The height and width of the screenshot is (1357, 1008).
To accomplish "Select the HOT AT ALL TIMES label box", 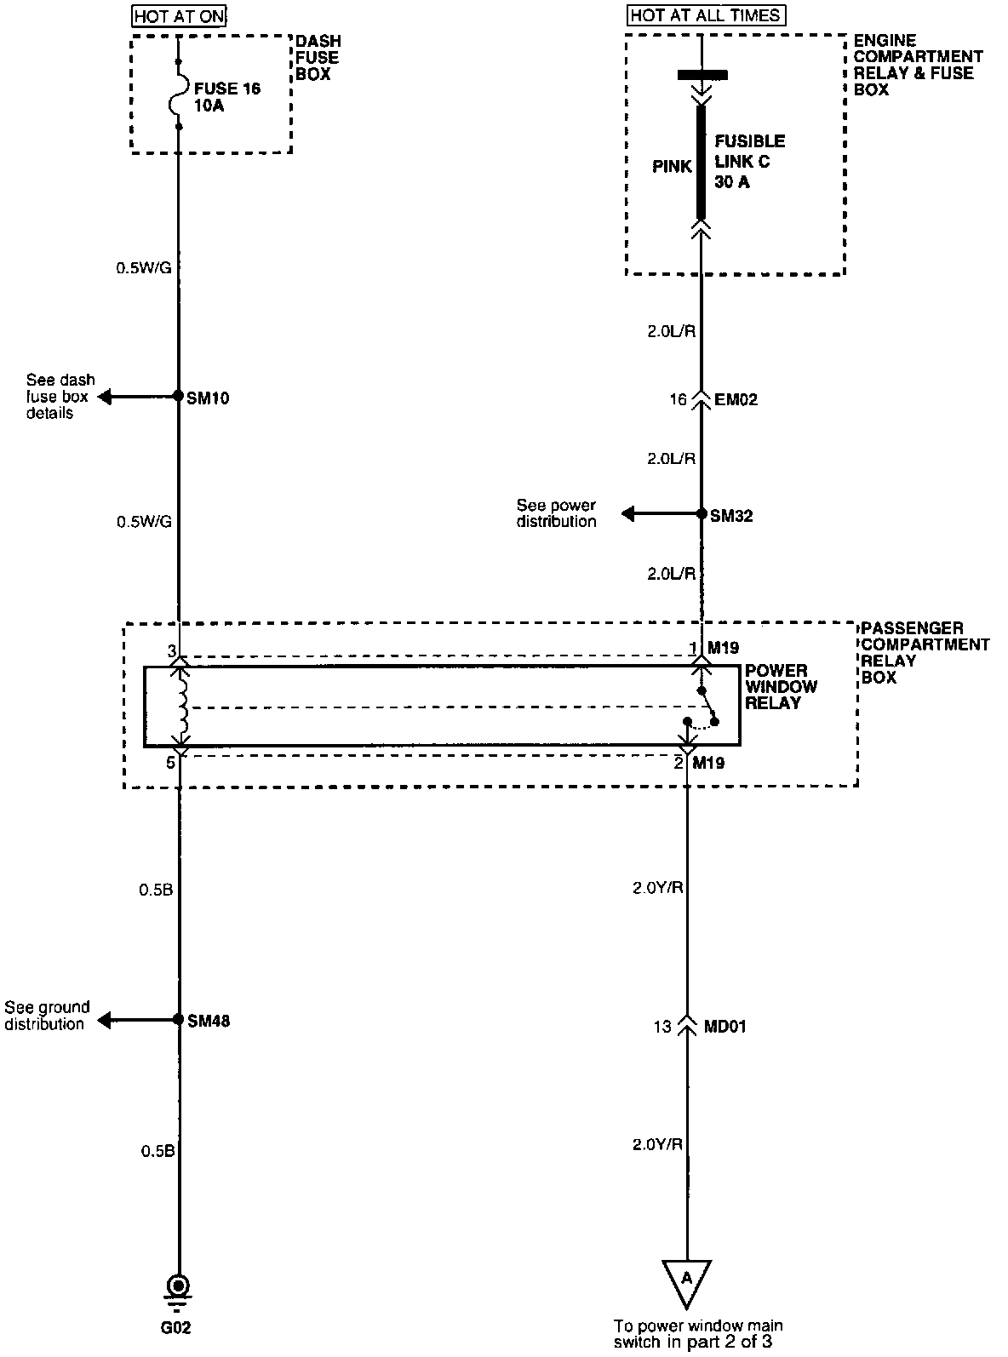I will (706, 15).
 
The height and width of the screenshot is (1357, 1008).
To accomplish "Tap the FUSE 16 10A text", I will (226, 97).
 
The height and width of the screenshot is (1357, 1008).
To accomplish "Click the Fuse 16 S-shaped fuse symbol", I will (179, 94).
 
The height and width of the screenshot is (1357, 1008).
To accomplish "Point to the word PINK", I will (673, 167).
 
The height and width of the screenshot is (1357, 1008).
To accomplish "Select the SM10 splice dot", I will (178, 396).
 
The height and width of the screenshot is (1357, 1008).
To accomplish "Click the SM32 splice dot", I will (702, 514).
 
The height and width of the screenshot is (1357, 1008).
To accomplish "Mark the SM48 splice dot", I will (178, 1019).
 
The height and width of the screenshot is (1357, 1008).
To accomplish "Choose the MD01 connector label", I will (725, 1027).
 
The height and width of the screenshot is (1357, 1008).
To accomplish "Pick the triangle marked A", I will (686, 1281).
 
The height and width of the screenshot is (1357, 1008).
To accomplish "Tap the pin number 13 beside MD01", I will (662, 1027).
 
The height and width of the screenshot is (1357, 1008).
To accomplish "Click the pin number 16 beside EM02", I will (678, 398).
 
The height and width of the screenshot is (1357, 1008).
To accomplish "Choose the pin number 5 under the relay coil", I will (171, 763).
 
